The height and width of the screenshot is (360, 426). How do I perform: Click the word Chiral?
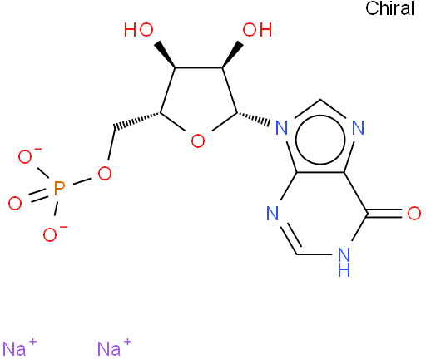point(389,8)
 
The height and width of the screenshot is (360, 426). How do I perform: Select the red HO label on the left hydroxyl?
point(139,30)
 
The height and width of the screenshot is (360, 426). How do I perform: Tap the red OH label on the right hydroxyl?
point(257,30)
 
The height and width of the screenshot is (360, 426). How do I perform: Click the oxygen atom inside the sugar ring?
point(198,141)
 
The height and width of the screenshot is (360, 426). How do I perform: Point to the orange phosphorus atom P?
point(59,189)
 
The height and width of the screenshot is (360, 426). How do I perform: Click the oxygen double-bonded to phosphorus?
point(15,203)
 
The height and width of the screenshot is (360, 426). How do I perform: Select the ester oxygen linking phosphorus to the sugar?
point(105,174)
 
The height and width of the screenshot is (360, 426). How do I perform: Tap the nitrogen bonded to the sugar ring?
point(282,128)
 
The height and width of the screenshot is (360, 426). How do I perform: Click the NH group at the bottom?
point(344,262)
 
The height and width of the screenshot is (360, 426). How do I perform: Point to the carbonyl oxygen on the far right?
point(414,214)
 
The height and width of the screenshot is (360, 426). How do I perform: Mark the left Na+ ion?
point(19,347)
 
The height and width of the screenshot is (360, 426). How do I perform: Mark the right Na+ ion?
point(114,347)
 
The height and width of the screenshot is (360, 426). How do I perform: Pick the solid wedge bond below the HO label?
point(165,55)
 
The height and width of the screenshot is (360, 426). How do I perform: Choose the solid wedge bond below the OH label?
point(233,55)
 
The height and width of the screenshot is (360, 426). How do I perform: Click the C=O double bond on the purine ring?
point(385,214)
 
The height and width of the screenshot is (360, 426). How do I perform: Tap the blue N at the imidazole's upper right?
point(358,128)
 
